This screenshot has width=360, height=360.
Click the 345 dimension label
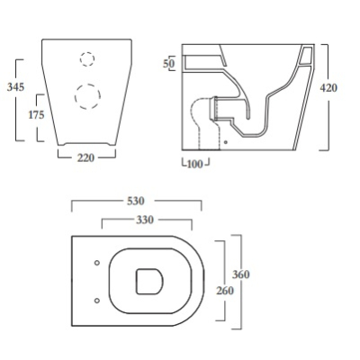15,87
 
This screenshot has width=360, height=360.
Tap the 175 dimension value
37,114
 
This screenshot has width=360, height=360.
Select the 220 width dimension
86,157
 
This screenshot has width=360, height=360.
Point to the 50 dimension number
169,63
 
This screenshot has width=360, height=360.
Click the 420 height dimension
328,88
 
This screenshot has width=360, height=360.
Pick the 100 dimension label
195,164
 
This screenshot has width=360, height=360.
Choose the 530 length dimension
136,201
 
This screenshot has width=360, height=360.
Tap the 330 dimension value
145,220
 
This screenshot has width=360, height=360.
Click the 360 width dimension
241,274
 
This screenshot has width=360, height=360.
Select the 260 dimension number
225,291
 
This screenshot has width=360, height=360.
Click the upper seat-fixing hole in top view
97,263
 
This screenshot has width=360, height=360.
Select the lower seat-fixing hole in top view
97,301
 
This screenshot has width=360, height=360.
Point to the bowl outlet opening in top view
149,282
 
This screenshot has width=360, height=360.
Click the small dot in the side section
226,142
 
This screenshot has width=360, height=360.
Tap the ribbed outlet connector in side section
215,108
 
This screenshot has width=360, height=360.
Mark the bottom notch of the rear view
86,143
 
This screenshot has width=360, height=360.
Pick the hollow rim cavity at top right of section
306,56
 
